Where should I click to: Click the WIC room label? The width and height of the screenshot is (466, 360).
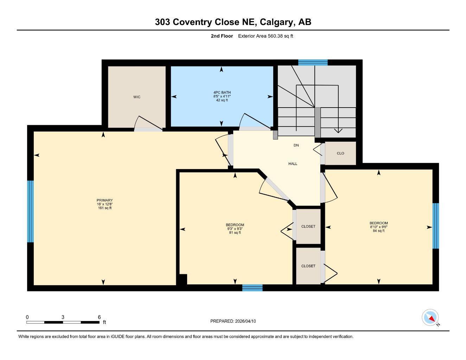click(x=137, y=97)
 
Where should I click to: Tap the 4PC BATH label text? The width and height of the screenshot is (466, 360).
click(x=222, y=92)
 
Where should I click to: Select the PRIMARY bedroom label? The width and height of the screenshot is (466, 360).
click(x=104, y=200)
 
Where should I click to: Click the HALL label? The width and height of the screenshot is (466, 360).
click(x=293, y=164)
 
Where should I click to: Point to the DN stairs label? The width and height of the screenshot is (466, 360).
click(x=296, y=145)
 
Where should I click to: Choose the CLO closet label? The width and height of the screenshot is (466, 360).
click(x=340, y=153)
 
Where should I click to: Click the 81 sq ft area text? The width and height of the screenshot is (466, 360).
click(x=235, y=232)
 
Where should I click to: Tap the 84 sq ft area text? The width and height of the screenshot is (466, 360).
click(x=378, y=231)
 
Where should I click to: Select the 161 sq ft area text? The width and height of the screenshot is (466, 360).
click(x=104, y=208)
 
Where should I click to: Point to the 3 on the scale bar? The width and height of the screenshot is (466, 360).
click(x=63, y=317)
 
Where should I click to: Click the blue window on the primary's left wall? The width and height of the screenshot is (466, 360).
click(x=31, y=212)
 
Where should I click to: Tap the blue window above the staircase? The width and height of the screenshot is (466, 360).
click(x=313, y=63)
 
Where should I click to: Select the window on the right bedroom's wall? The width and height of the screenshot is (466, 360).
click(x=435, y=226)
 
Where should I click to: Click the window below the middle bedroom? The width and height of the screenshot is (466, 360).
click(x=252, y=288)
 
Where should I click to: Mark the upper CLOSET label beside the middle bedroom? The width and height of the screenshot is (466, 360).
click(x=308, y=226)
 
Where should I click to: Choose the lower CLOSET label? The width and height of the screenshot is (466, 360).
click(x=308, y=266)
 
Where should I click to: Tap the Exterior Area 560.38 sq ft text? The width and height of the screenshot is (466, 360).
click(x=265, y=36)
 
